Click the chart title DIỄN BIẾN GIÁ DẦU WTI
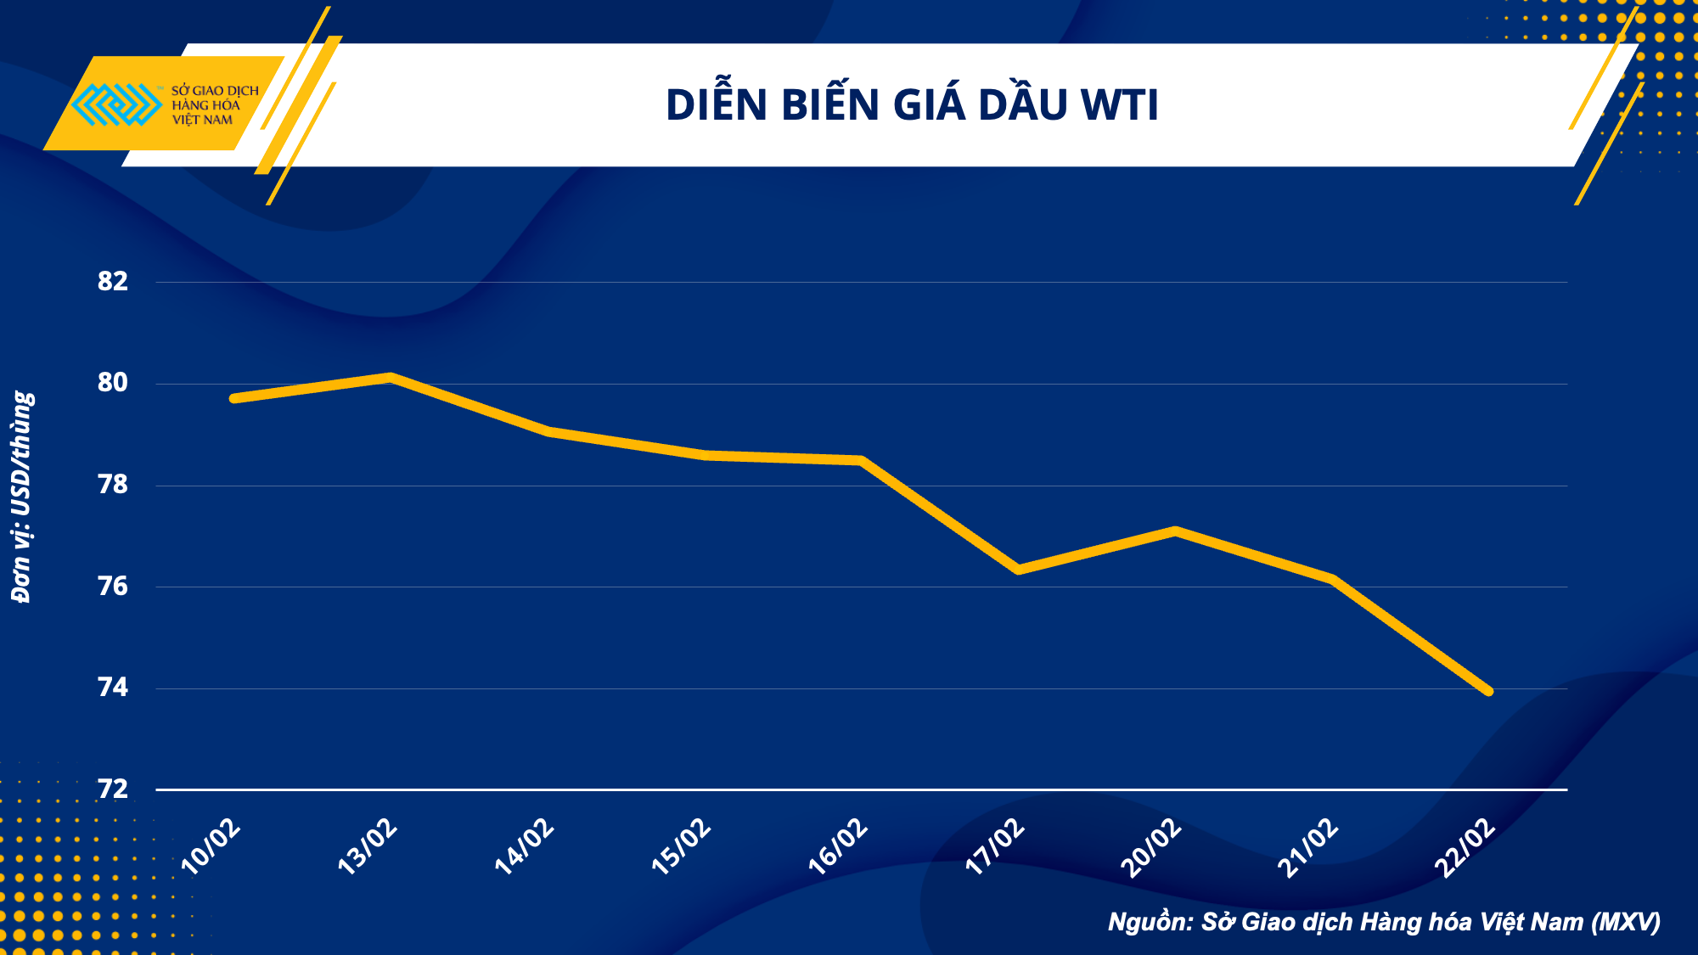tap(912, 105)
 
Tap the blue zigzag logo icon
tap(115, 105)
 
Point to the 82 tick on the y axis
tap(113, 281)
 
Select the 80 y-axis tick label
tap(113, 383)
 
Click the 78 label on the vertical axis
tap(113, 485)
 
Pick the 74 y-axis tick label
tap(113, 688)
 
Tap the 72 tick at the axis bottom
tap(113, 789)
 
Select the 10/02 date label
tap(211, 847)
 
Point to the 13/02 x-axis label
tap(368, 847)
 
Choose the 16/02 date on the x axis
tap(838, 847)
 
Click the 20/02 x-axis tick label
tap(1151, 847)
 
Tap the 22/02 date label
tap(1465, 847)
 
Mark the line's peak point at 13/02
tap(390, 377)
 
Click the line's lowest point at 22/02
tap(1487, 691)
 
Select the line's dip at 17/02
tap(1018, 570)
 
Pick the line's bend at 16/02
tap(861, 460)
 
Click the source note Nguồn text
tap(1384, 922)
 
